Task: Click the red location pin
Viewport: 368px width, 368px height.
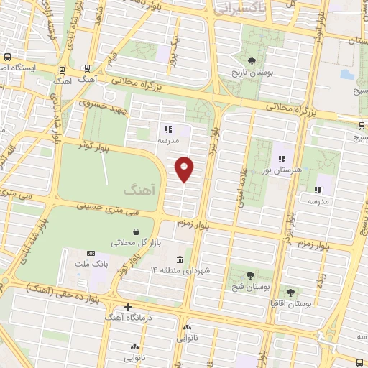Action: [185, 168]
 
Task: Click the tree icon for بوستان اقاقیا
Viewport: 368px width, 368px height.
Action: [290, 293]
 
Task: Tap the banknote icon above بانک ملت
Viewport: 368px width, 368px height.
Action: [91, 253]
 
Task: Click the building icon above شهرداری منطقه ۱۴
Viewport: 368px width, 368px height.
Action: [180, 259]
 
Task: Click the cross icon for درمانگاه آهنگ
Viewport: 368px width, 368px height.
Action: [129, 307]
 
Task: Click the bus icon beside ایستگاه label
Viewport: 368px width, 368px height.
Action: [6, 57]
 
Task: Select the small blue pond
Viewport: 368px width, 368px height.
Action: [344, 75]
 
